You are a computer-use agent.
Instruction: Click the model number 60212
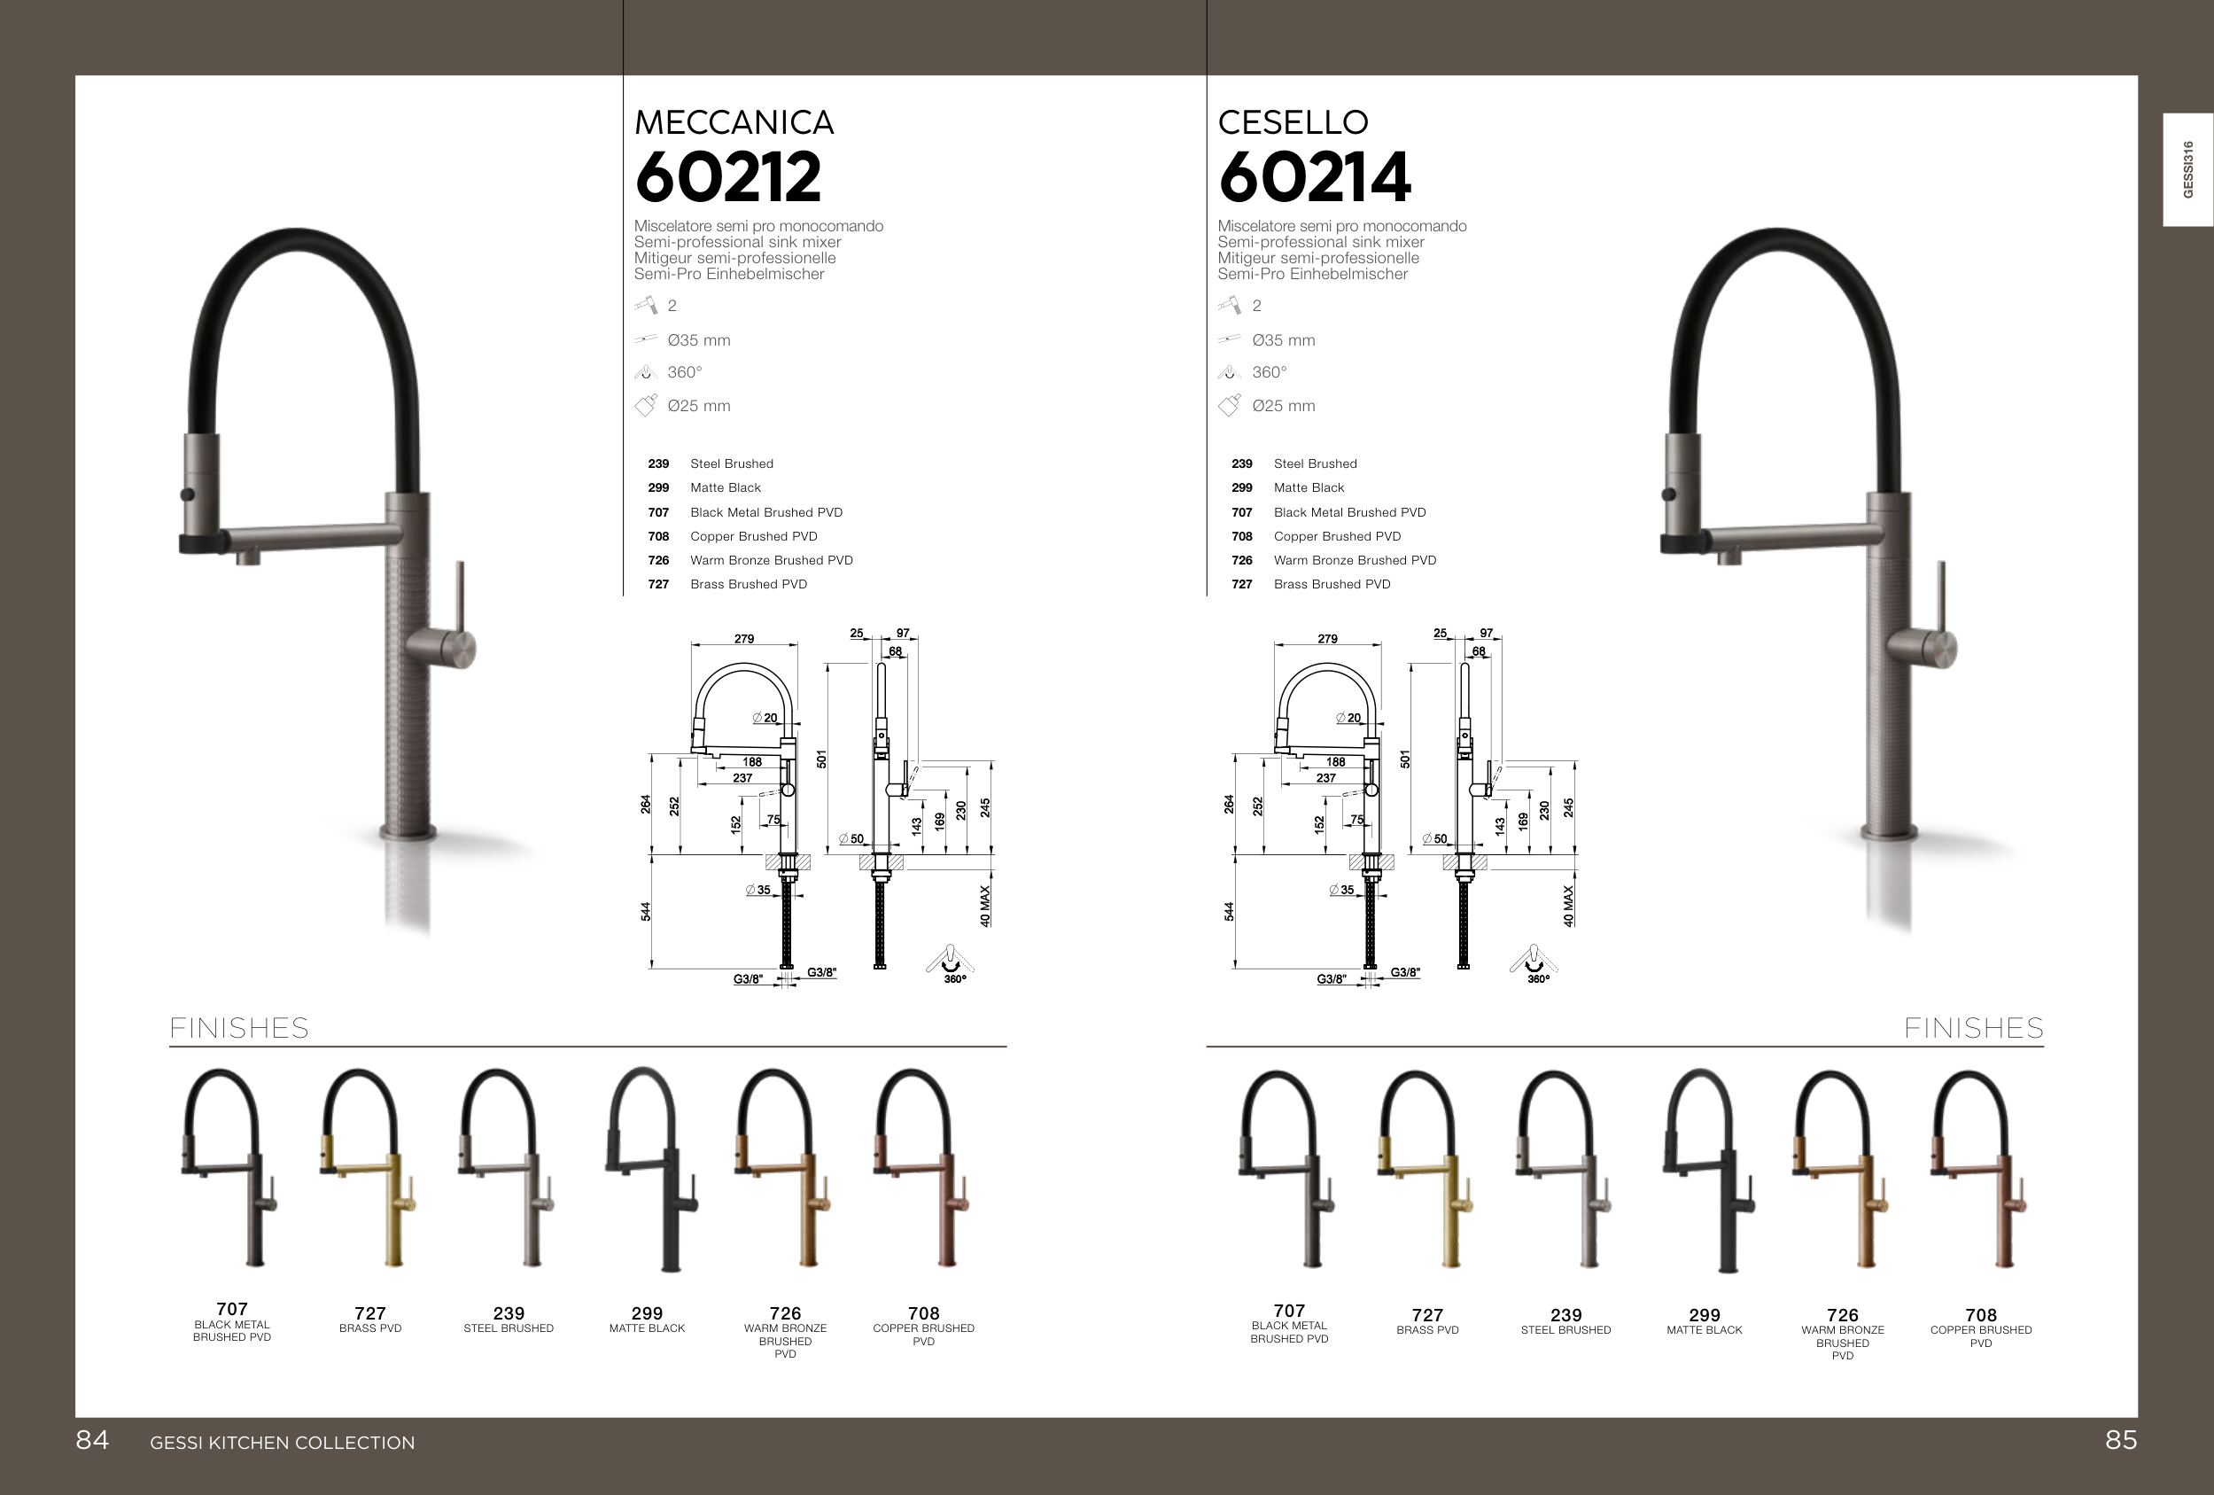[728, 177]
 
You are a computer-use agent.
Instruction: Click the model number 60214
[1315, 177]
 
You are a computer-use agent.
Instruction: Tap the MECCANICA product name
[734, 122]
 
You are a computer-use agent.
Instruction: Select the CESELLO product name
[1293, 122]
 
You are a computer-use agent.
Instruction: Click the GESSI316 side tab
[2187, 169]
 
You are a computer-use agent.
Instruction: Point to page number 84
[92, 1440]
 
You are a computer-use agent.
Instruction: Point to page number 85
[2121, 1440]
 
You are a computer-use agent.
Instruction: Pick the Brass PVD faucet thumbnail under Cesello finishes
[1426, 1169]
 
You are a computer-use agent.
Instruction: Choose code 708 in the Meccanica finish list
[658, 536]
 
